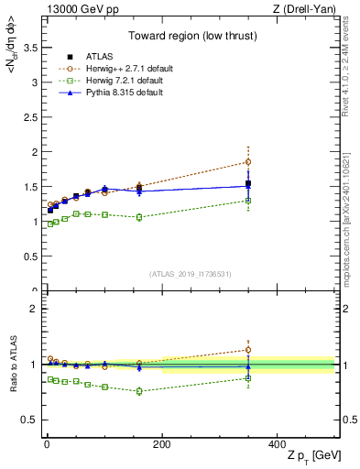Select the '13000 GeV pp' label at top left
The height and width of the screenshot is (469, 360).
(75, 9)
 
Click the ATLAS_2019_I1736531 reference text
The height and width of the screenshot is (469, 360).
(189, 274)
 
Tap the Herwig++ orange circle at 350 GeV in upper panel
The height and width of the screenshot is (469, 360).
(248, 162)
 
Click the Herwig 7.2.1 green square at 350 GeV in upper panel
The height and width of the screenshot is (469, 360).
(248, 201)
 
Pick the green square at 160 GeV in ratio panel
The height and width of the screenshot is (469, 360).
(139, 391)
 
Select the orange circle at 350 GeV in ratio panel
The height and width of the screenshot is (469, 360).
(248, 349)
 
